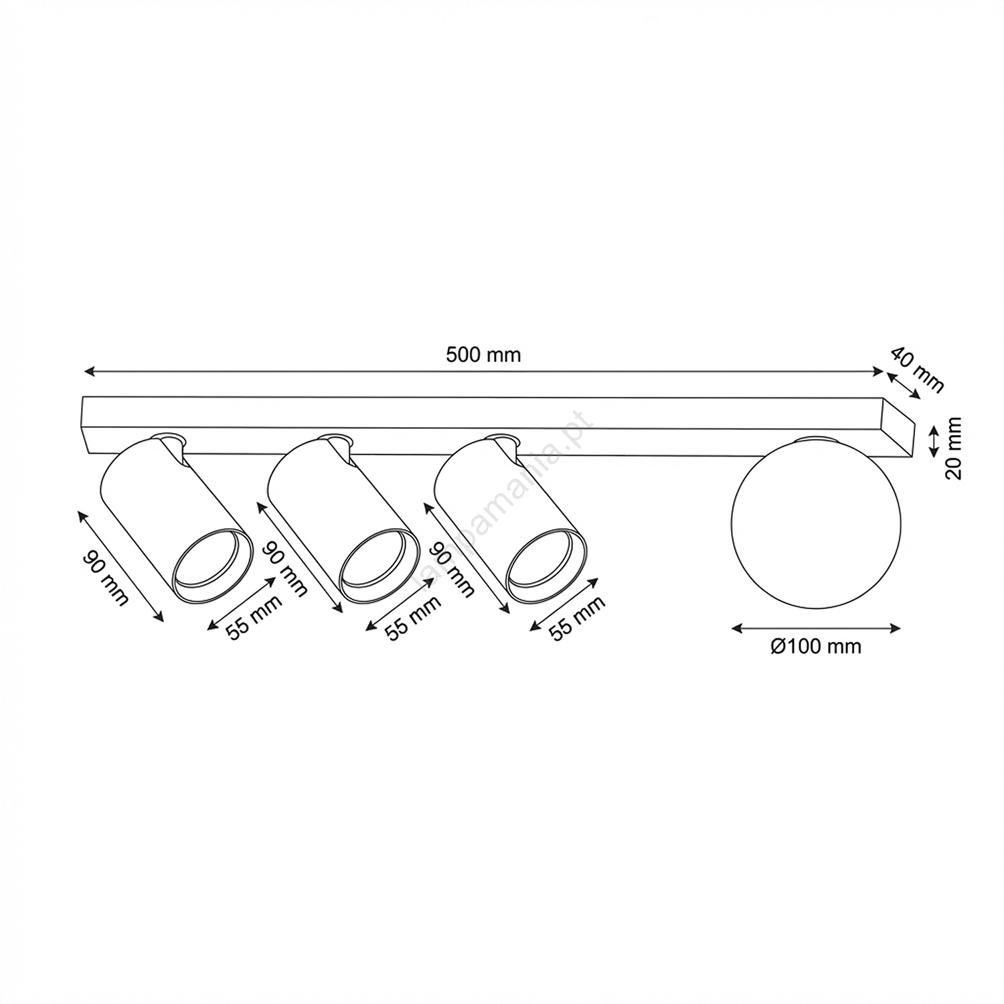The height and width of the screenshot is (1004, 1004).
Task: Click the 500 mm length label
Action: [x=483, y=355]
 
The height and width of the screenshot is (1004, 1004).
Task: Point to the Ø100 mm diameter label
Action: [x=815, y=647]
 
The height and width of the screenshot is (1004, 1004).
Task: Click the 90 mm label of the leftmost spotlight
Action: [x=105, y=578]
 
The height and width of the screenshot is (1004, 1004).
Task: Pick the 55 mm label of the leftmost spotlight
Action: [x=254, y=616]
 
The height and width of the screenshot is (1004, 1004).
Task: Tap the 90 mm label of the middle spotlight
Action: [x=284, y=569]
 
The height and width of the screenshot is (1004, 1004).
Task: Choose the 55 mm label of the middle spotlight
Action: [x=414, y=617]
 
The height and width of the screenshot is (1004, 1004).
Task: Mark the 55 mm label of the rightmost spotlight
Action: [x=576, y=617]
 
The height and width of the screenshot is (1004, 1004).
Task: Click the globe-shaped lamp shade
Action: [x=817, y=523]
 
